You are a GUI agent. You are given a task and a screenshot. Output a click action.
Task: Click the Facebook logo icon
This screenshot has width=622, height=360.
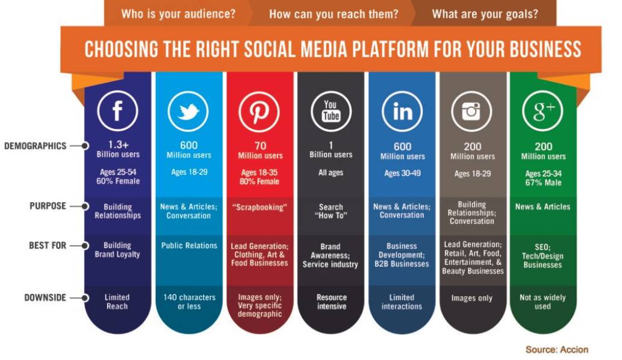point(117,111)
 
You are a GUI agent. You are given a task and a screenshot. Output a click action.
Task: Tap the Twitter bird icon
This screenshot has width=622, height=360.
point(188,111)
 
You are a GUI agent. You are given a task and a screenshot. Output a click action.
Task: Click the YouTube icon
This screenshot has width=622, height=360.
point(331,111)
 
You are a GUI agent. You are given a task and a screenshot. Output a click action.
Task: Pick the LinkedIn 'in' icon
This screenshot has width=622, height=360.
point(402,111)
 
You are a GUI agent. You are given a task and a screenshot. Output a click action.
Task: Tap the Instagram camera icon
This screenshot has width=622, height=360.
point(471,111)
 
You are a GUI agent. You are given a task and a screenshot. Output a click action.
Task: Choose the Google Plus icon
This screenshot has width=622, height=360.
point(543,111)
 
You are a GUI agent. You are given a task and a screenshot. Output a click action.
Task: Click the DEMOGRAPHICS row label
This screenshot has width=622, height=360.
point(36,146)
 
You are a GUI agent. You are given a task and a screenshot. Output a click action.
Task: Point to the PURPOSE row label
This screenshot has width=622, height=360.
point(48,206)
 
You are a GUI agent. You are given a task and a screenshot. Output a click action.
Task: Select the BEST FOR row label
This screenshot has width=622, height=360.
point(48,246)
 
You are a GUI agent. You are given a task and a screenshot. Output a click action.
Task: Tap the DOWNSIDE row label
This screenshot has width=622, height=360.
point(45,297)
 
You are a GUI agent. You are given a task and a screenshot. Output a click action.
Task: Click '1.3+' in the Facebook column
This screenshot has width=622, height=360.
point(118,144)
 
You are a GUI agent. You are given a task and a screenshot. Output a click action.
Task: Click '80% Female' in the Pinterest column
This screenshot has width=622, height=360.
point(260,182)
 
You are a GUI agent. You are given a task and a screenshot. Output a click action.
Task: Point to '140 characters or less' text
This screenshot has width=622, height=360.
point(189,302)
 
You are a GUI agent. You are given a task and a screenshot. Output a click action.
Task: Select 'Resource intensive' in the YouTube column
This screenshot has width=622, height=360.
point(332,302)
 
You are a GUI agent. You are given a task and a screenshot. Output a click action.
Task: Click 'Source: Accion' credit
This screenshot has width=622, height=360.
point(557,349)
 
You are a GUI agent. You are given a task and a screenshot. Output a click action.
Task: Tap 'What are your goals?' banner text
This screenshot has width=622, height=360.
point(485,14)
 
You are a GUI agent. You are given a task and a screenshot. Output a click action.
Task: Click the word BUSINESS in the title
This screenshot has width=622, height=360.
point(546,49)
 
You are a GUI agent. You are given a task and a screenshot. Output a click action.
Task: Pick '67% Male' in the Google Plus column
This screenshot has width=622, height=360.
point(544,183)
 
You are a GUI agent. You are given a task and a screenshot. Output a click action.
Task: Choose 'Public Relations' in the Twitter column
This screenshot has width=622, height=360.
point(189,246)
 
